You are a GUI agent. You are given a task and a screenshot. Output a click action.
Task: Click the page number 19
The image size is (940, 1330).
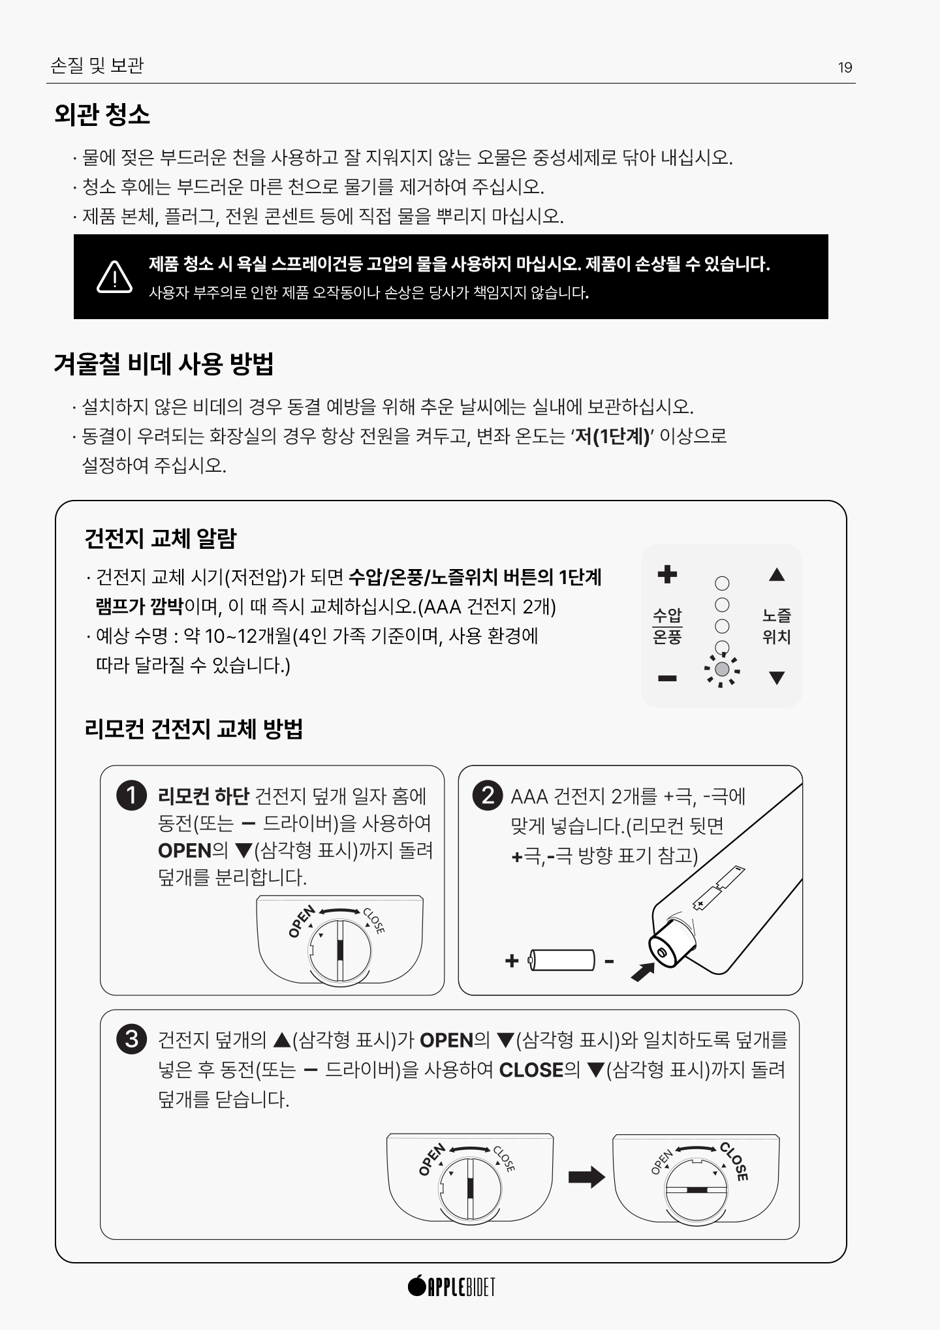845,67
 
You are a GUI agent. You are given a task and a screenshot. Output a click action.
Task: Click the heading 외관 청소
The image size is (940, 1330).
102,114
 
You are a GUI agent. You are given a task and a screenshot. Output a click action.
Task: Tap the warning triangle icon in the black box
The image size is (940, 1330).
115,277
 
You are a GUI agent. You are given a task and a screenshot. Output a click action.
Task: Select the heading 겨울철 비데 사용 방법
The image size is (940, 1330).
163,363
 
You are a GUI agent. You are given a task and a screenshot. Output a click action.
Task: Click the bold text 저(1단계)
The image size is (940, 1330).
612,436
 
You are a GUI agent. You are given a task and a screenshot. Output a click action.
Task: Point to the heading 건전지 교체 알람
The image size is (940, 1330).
161,538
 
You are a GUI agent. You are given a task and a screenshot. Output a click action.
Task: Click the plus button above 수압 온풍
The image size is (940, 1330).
667,574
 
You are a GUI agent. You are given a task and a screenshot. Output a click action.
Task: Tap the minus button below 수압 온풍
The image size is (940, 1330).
667,679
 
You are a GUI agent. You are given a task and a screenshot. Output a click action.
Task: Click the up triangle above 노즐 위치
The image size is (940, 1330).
776,574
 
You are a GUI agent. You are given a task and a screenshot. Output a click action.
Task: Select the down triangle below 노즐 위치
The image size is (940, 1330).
776,678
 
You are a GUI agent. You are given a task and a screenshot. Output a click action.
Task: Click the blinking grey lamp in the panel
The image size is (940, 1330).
722,670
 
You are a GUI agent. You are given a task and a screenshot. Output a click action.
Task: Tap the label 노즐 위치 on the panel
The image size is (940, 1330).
776,626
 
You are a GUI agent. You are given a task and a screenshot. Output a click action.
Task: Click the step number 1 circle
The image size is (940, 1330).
131,796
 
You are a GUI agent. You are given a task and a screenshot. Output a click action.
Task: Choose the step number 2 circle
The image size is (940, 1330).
488,796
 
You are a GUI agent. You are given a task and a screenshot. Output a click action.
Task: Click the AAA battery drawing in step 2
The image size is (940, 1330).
561,961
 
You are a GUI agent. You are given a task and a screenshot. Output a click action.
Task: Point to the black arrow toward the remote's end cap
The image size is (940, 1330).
642,971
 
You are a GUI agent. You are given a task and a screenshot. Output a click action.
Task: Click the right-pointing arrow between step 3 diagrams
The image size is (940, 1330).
586,1177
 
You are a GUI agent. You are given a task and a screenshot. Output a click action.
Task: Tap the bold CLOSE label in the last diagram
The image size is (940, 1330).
734,1162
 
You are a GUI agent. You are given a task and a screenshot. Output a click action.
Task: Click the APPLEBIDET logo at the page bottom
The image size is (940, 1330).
451,1286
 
